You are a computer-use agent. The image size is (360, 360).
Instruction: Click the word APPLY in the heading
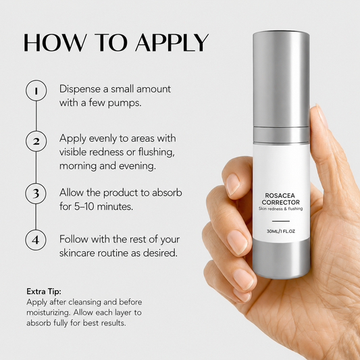coord(172,43)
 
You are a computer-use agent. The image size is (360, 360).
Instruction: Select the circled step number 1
coord(36,91)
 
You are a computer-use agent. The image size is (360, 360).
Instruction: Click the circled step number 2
coord(36,141)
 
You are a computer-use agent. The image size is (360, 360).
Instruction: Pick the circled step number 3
coord(36,193)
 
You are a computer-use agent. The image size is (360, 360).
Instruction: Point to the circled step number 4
coord(36,240)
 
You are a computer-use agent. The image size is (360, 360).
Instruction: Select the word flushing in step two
coord(156,152)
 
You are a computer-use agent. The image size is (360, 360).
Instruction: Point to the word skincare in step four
coord(77,253)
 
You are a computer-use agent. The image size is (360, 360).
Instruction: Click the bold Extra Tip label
coord(44,291)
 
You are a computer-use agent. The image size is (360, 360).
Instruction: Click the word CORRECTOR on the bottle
coord(280,202)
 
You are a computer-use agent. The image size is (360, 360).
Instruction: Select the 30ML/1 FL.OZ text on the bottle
coord(280,231)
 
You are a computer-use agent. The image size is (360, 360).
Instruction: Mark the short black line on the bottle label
coord(280,221)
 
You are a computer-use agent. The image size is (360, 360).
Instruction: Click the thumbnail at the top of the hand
coord(322,115)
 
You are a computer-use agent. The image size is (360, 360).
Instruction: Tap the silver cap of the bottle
coord(281,78)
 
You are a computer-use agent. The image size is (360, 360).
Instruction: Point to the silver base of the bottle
coord(281,259)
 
